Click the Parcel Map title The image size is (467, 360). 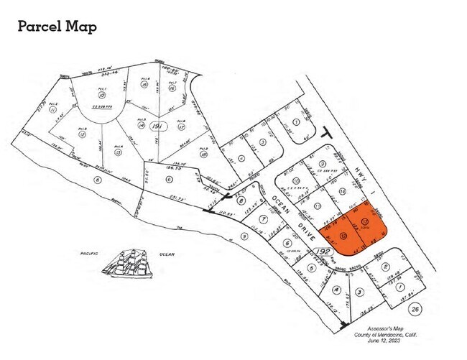(56, 27)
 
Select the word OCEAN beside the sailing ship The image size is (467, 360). (167, 254)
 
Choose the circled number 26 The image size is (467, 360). (415, 309)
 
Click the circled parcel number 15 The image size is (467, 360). (144, 84)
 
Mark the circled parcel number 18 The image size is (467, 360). (203, 154)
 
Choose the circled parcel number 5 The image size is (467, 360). (310, 267)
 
